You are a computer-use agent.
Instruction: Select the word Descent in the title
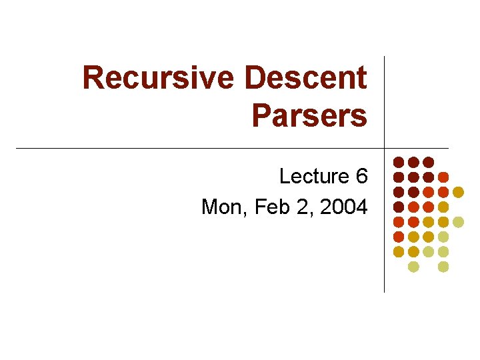click(x=306, y=78)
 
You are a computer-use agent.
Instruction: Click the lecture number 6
click(x=361, y=177)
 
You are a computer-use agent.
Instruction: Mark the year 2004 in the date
click(x=343, y=207)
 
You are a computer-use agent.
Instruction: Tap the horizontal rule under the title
click(x=200, y=148)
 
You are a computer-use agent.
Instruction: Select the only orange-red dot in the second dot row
click(x=443, y=177)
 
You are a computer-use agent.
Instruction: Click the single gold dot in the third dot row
click(x=458, y=192)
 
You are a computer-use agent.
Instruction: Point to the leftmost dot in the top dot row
click(x=398, y=162)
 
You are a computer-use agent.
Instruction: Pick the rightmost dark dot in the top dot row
click(x=428, y=162)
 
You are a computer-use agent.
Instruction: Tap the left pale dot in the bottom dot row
click(x=413, y=267)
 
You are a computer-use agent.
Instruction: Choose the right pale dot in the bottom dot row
click(x=443, y=267)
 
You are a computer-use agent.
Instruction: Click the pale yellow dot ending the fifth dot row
click(x=458, y=222)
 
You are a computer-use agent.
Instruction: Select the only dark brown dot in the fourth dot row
click(x=398, y=207)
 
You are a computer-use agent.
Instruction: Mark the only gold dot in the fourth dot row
click(x=443, y=207)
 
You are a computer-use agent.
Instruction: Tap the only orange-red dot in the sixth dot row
click(x=398, y=237)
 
